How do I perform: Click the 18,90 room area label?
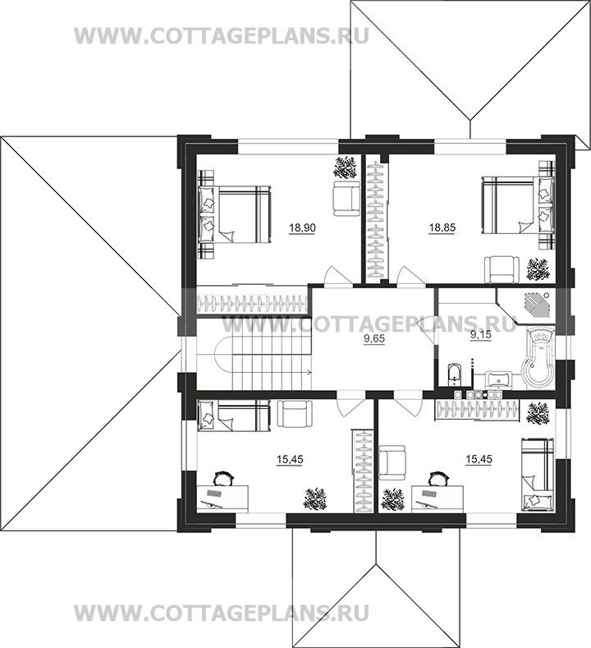point(302,227)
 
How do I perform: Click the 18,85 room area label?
point(442,227)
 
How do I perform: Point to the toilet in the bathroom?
point(453,374)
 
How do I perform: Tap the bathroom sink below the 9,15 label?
point(499,379)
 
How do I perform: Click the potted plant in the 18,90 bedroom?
point(345,168)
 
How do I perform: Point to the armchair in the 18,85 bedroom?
point(502,269)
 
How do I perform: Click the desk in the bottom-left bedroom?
point(222,499)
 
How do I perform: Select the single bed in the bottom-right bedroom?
point(537,474)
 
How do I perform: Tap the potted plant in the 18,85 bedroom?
point(537,269)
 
